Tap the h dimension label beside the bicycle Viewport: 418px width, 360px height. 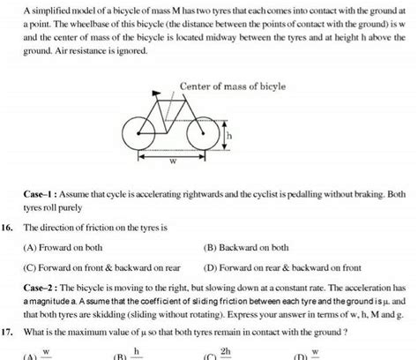[x=228, y=137]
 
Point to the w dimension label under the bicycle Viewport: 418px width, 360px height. [x=172, y=161]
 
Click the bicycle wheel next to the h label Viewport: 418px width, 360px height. [x=206, y=135]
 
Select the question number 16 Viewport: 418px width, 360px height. [x=9, y=226]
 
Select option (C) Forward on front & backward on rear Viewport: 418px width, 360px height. [x=104, y=266]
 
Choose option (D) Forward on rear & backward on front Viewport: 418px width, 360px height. [x=282, y=266]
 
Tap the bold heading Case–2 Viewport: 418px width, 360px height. [x=41, y=288]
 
